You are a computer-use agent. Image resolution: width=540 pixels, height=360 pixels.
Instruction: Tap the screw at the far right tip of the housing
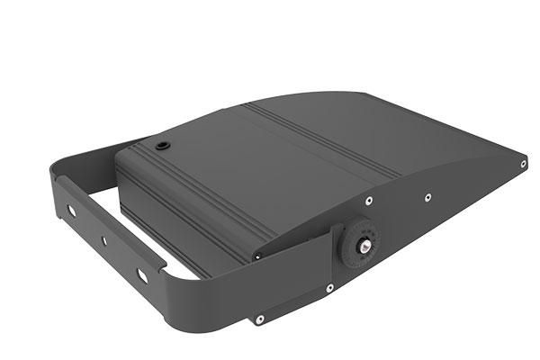point(523,164)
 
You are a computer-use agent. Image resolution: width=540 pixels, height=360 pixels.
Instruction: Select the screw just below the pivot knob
point(330,288)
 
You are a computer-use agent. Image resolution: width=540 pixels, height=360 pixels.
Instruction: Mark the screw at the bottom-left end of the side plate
point(258,317)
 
